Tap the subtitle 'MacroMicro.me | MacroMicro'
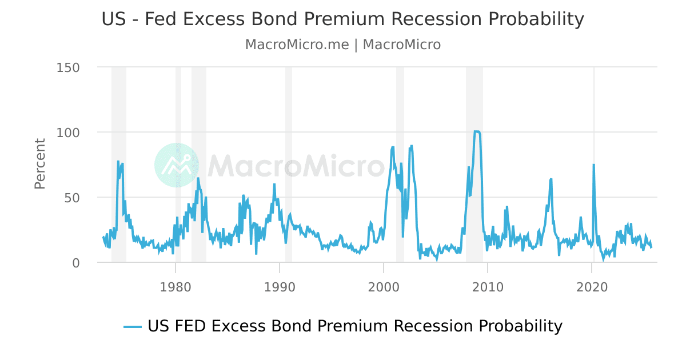pos(342,45)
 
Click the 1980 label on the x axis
pos(175,286)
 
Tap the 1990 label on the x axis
pos(279,286)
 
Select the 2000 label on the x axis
pos(383,286)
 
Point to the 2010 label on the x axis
pos(487,286)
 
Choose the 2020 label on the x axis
pos(591,286)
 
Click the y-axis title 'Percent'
pos(40,163)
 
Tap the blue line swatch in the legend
pos(133,327)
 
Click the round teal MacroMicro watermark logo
pos(177,165)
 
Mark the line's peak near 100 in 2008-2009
pos(476,131)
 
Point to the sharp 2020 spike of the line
pos(593,165)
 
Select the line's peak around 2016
pos(551,179)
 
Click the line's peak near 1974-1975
pos(118,162)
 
